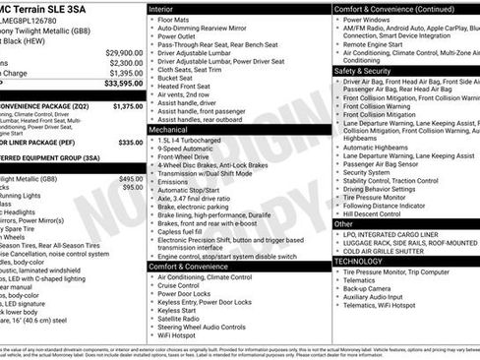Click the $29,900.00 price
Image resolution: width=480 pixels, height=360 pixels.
point(124,51)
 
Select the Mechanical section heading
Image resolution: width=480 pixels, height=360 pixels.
point(168,129)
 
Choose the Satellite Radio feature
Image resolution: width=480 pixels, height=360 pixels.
point(181,318)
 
